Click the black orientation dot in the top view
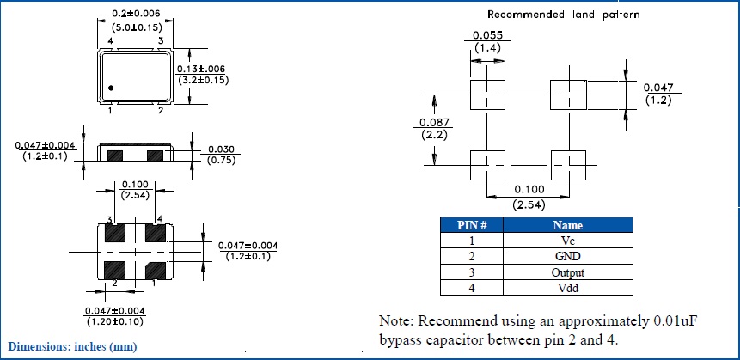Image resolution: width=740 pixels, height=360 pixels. [112, 88]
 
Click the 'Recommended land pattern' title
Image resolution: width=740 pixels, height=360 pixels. [563, 15]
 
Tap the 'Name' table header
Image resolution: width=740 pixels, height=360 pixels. [567, 225]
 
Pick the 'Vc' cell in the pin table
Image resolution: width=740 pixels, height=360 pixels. [567, 241]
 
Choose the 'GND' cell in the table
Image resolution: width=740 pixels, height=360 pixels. [567, 256]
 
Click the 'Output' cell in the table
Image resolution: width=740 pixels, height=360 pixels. [567, 272]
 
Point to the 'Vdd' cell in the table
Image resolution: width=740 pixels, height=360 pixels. [567, 287]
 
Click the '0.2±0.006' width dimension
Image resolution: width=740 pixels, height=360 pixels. [135, 15]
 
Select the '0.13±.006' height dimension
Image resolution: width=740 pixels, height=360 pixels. [203, 69]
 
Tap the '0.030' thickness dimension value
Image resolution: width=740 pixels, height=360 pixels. [221, 148]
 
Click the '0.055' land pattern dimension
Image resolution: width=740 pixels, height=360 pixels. [487, 35]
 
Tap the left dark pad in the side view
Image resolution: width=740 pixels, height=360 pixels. [115, 155]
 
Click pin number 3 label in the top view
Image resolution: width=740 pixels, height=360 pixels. [160, 40]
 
